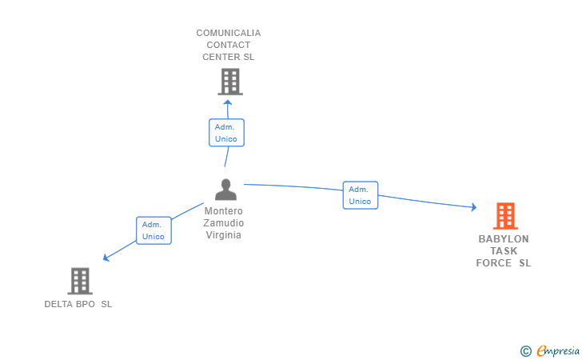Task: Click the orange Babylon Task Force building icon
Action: coord(504,215)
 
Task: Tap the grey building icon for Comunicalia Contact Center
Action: coord(229,81)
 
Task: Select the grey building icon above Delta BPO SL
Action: coord(79,281)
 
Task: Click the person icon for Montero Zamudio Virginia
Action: coord(226,190)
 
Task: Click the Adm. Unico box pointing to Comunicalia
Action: coord(226,133)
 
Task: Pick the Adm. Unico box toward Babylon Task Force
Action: coord(360,195)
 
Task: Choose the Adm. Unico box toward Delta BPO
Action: coord(153,230)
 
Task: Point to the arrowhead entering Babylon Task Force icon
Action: coord(473,207)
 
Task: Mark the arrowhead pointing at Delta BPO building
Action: coord(106,258)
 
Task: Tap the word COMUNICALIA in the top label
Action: coord(229,33)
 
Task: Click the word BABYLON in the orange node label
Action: coord(504,239)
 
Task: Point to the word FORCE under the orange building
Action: coord(493,263)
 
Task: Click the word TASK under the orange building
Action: coord(504,251)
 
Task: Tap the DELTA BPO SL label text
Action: coord(78,304)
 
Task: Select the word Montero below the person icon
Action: coord(224,211)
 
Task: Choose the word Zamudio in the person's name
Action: coord(224,223)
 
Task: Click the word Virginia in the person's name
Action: coord(224,235)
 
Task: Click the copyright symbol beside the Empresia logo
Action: coord(525,350)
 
